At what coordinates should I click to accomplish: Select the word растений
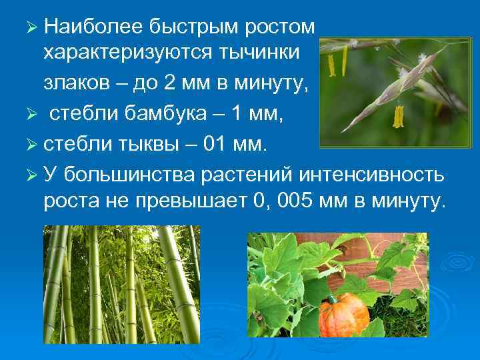point(246,174)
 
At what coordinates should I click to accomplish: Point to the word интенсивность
point(370,174)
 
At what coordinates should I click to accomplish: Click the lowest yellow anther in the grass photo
point(398,117)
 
